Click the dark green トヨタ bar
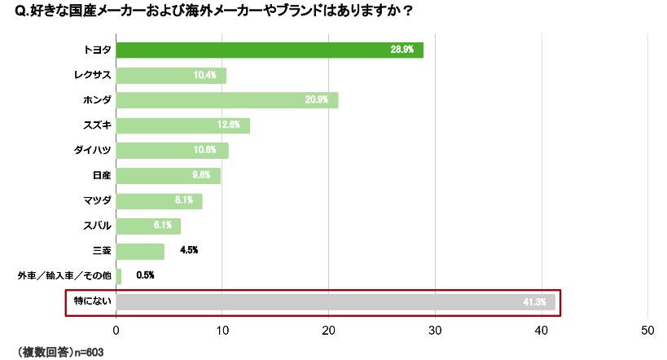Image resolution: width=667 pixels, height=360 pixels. point(269,50)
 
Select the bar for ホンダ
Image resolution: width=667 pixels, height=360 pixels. point(226,100)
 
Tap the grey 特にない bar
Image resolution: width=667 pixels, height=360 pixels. point(335,302)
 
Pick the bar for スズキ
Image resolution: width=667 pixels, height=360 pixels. point(182,125)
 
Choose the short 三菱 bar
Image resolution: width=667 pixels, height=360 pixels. point(140,251)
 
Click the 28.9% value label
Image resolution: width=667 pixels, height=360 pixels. point(402,50)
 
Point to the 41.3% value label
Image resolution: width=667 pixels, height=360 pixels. point(534,302)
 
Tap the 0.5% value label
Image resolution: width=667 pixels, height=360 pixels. point(145,276)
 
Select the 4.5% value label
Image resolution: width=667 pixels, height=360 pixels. point(189,251)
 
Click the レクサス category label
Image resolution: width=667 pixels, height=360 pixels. point(90,76)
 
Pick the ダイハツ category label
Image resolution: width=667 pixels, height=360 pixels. point(92,151)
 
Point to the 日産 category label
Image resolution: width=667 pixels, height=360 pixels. point(102,176)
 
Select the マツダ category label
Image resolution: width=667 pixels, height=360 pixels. point(96,201)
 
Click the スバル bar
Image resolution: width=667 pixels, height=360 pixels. point(148,226)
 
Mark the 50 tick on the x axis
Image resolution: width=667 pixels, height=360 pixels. point(647,331)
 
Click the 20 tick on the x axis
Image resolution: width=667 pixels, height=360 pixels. point(329,331)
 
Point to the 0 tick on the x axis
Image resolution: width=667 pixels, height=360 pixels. point(116,331)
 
